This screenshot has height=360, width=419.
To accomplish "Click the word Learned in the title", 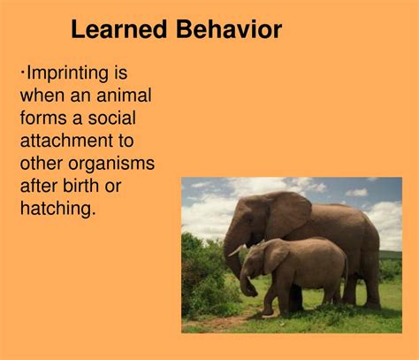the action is [119, 29].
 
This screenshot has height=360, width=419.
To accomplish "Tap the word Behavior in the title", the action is [229, 29].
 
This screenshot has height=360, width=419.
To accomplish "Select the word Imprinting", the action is [67, 73].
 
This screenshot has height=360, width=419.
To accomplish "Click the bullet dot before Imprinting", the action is [22, 72].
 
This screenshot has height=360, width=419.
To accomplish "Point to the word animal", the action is [124, 96].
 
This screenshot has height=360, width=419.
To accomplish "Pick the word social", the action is [112, 118].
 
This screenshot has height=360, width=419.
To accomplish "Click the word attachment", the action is [66, 141].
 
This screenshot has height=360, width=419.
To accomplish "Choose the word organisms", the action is [111, 165].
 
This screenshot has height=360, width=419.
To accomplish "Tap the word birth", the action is [80, 186].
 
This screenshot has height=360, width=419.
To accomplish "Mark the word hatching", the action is [58, 210].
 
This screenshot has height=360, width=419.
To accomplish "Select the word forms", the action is [43, 118].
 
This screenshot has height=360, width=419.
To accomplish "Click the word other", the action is [42, 163].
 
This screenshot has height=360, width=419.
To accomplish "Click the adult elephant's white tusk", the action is [236, 251].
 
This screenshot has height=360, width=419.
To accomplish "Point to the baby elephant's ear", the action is [275, 255].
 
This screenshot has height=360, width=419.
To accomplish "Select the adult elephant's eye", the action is [251, 219].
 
